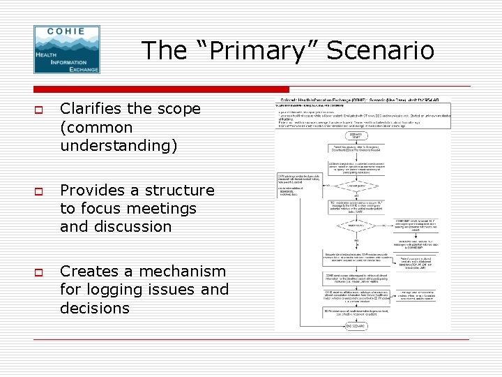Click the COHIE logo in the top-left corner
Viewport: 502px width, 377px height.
(67, 49)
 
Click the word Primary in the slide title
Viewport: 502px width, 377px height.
(253, 50)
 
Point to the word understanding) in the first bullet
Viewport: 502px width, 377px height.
(119, 145)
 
